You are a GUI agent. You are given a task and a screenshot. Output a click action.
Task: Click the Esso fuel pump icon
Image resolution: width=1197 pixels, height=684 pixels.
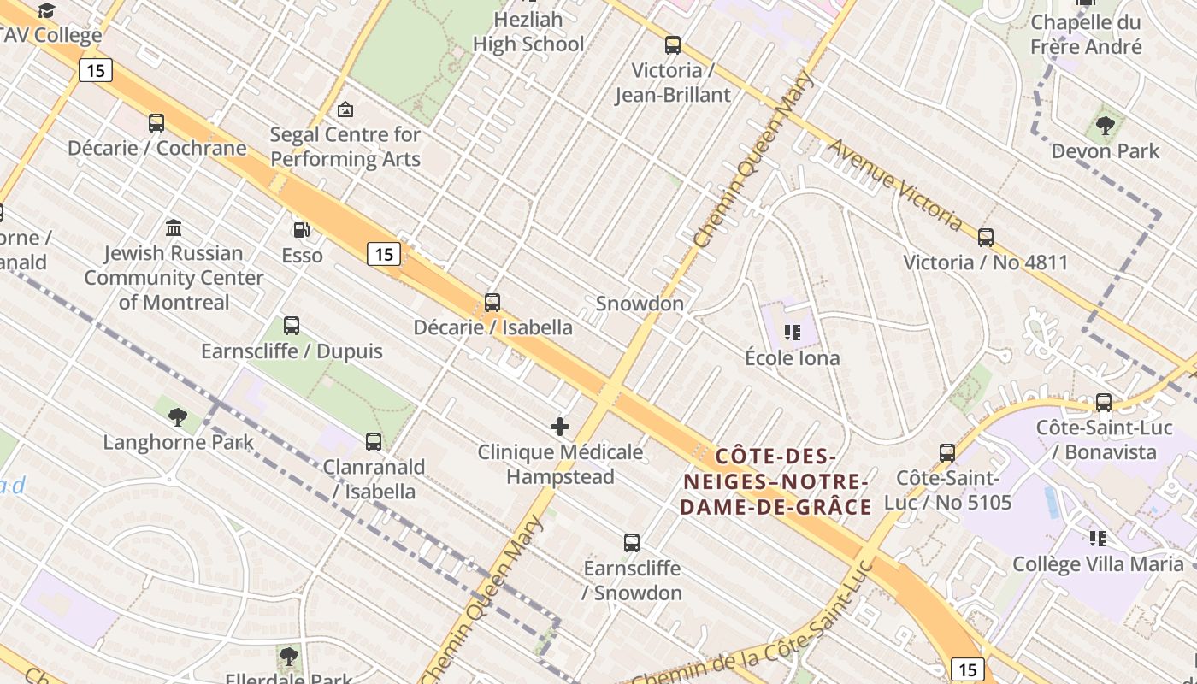point(301,229)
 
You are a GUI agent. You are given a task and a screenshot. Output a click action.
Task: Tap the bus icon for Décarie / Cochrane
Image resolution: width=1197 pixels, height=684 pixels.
point(156,123)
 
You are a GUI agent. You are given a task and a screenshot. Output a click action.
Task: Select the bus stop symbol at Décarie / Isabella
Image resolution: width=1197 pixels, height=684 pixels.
point(492,302)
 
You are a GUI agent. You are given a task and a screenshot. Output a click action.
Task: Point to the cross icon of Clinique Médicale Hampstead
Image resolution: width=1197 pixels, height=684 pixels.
point(560,426)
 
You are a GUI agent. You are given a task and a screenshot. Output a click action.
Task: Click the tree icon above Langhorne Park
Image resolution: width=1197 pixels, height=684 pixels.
point(178,416)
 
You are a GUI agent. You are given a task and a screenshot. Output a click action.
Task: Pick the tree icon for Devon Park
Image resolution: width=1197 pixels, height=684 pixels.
point(1105,126)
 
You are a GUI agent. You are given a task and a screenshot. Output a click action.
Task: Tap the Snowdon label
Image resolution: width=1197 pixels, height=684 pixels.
point(640,304)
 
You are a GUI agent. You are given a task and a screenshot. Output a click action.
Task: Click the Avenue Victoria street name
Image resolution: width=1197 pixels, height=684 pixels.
point(895,185)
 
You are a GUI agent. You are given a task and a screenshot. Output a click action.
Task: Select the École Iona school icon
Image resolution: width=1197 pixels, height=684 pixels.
point(792,332)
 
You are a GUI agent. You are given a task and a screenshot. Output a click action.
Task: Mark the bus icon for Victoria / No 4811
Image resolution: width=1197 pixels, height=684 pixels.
point(986,237)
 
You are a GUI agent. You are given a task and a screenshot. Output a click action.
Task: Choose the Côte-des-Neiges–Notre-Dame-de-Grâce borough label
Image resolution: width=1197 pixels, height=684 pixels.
point(775,481)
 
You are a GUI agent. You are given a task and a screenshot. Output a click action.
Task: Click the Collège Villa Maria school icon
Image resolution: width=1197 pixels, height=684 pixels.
point(1098,538)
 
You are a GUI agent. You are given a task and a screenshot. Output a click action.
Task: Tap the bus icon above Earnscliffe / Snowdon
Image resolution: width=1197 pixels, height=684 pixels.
point(632,542)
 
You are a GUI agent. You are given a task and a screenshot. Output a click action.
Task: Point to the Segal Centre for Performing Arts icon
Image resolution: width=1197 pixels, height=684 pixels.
point(345,109)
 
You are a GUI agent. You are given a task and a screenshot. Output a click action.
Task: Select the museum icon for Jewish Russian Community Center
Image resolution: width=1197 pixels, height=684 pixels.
point(174,227)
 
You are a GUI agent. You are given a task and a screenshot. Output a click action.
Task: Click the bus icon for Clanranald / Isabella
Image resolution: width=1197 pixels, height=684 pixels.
point(374,441)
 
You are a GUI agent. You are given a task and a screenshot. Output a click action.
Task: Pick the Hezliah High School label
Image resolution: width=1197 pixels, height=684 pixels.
point(528,32)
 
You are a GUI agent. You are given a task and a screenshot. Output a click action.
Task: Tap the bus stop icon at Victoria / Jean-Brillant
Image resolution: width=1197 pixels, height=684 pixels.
point(673,45)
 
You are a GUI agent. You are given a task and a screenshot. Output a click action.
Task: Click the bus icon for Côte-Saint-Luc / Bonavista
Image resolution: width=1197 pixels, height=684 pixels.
point(1104,402)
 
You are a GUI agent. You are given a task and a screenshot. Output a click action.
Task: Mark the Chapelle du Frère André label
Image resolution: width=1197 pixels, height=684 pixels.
point(1086,34)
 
